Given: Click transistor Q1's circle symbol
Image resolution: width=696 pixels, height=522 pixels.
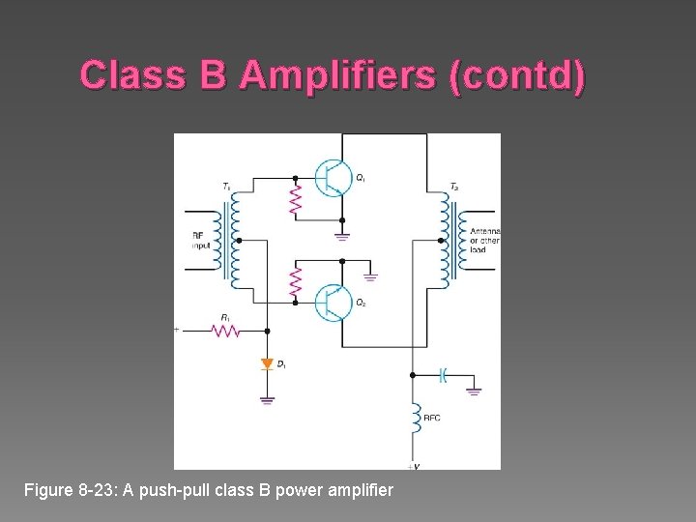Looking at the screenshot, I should tap(333, 178).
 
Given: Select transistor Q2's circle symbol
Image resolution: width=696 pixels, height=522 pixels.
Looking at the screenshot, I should tap(333, 303).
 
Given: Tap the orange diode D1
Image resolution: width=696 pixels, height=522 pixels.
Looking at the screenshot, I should tap(267, 363).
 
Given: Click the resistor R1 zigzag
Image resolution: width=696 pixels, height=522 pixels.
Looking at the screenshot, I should tap(227, 330).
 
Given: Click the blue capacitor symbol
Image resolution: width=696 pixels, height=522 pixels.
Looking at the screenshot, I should tap(443, 374).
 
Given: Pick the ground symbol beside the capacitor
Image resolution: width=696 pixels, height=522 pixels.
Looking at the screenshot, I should tap(473, 391).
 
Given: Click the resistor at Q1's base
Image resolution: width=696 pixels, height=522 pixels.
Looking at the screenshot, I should tap(296, 200).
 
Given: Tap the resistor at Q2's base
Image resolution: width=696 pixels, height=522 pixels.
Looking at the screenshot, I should tap(296, 282).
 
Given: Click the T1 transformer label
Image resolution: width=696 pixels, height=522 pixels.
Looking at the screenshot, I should tap(226, 186).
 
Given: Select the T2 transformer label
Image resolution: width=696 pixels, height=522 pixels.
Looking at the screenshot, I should tap(454, 186).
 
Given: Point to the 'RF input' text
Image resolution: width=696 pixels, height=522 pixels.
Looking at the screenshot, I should tap(200, 241).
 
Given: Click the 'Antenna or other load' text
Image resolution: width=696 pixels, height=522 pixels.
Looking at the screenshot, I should tap(484, 240).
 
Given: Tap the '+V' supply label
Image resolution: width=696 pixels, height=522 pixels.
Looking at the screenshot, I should tap(413, 466).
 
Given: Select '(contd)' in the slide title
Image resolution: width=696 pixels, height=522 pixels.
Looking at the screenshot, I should tap(516, 75).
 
